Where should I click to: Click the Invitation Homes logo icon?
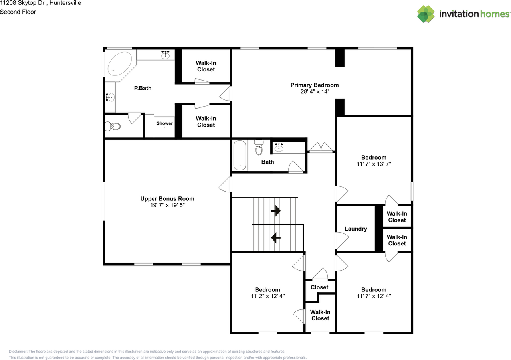point(426,14)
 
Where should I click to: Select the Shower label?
point(164,123)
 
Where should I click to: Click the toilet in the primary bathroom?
point(113,127)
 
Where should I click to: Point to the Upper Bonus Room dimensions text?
point(167,205)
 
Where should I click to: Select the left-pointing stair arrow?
point(276,238)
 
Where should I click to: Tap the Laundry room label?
point(356,229)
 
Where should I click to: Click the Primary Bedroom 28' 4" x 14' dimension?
point(314,91)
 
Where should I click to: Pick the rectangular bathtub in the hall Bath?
point(240,155)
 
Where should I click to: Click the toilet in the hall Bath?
point(259,148)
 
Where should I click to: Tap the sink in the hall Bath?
point(279,148)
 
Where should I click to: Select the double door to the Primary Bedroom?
point(321,148)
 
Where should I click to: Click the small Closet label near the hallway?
point(319,287)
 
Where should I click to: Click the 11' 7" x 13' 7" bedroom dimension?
point(374,164)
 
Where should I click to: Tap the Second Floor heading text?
point(18,12)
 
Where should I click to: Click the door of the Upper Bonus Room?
point(226,184)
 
